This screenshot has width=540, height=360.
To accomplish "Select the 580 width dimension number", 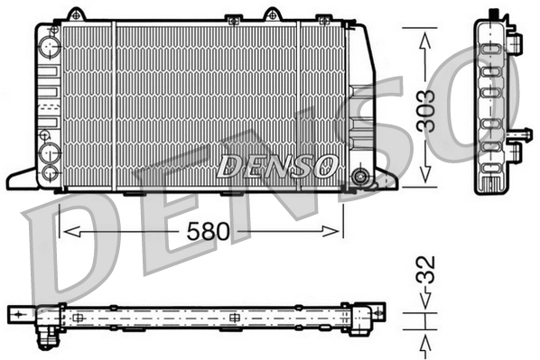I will coord(206,232).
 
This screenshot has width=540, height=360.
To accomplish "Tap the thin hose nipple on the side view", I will coord(519,135).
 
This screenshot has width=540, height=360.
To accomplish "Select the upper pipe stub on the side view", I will coord(516,43).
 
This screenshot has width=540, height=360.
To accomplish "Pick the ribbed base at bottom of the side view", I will coord(489,183).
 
